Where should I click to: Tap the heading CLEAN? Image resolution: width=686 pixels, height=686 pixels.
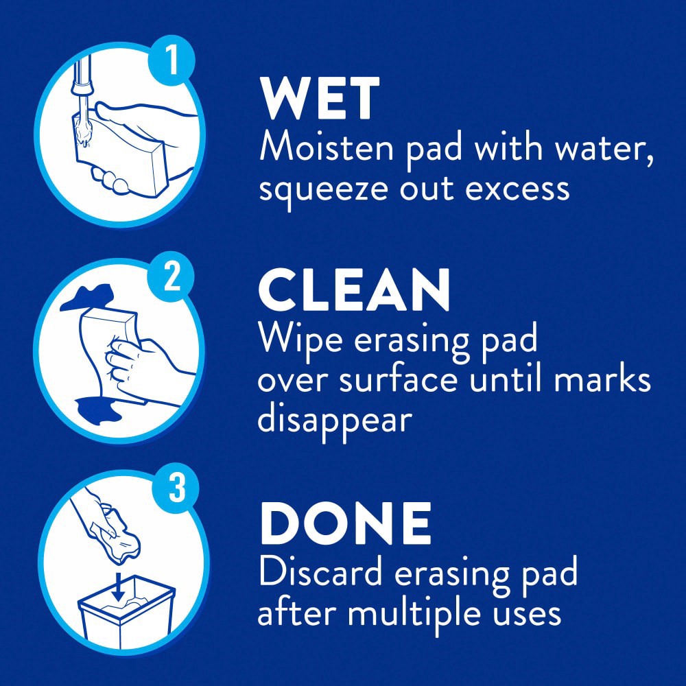pos(354,290)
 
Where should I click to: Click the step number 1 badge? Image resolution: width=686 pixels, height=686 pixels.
pos(172,61)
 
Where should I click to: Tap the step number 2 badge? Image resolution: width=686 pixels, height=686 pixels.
pos(172,276)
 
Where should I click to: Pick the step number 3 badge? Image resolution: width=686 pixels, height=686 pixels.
pos(176,487)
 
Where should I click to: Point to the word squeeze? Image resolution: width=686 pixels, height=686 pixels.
pos(323,190)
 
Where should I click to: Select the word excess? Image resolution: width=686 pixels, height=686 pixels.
pos(517,190)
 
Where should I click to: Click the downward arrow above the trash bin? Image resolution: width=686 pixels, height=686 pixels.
pos(118,587)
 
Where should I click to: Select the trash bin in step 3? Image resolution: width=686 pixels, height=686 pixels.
pos(127,612)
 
